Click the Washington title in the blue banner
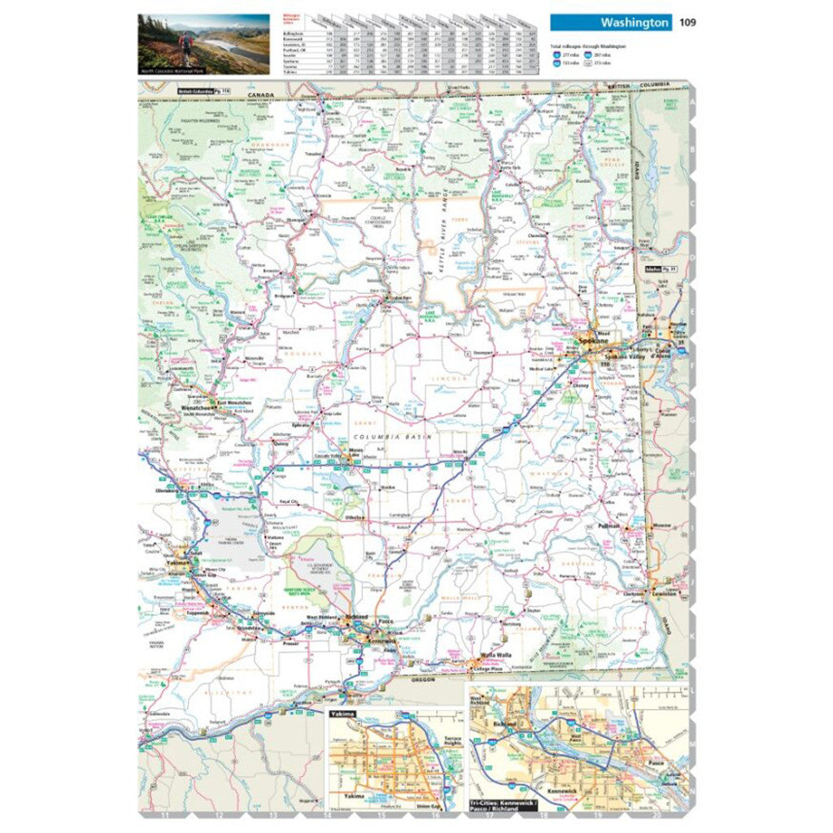(635, 23)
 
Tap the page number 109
(687, 23)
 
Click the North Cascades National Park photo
(203, 42)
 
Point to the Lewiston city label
(665, 594)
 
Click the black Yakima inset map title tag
(342, 713)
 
